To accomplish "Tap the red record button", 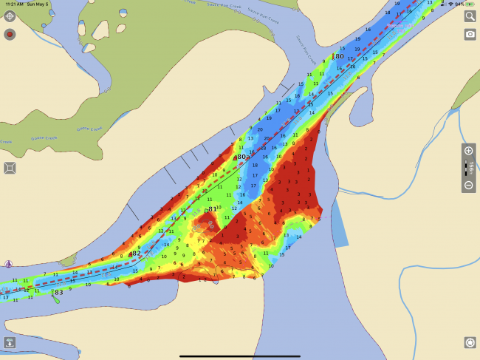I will (x=10, y=34).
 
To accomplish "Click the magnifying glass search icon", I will (x=470, y=16).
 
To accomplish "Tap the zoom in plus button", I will (x=468, y=151).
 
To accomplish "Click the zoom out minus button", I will (x=468, y=186).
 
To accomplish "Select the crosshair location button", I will (x=10, y=16).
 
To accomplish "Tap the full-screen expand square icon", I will (x=10, y=168).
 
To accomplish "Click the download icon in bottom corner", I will (x=10, y=342).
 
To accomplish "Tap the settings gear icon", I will (x=469, y=342).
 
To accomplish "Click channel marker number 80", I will (x=338, y=56).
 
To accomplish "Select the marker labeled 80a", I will (x=241, y=157).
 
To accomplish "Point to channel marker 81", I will (x=211, y=210).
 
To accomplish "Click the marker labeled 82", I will (x=134, y=254).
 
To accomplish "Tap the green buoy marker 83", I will (x=57, y=293).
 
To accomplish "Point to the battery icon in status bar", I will (x=470, y=4).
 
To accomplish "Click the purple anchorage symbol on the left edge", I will (x=7, y=264).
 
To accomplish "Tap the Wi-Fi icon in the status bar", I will (x=450, y=4).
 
